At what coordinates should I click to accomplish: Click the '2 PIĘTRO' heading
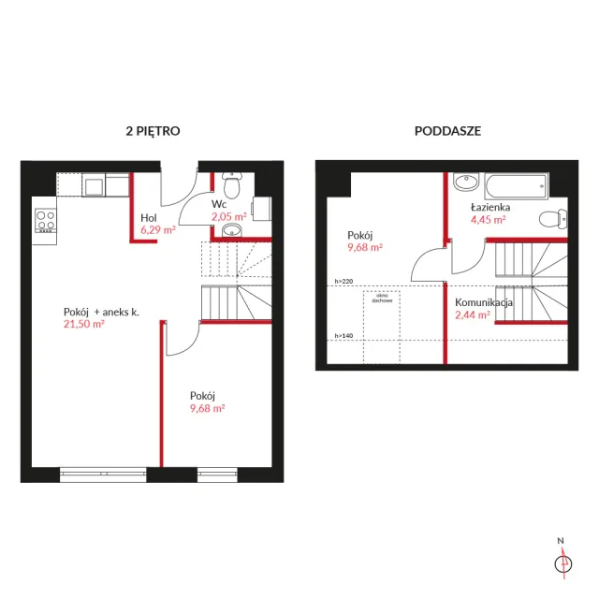click(x=153, y=131)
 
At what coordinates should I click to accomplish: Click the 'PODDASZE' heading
click(x=447, y=131)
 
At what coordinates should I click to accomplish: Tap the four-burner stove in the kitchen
click(x=46, y=221)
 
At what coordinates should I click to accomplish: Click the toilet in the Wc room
click(x=231, y=185)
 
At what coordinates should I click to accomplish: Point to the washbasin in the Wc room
click(x=232, y=230)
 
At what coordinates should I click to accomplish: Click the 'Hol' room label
click(x=148, y=218)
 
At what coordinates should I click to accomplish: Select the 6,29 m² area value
click(x=158, y=230)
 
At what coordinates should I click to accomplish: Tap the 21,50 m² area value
click(x=84, y=324)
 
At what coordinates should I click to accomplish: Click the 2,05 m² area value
click(x=228, y=216)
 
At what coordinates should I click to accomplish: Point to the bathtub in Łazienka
click(x=517, y=186)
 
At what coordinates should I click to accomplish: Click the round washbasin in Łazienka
click(x=466, y=182)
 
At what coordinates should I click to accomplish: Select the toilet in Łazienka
click(x=553, y=220)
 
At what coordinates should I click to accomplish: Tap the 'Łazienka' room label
click(x=490, y=207)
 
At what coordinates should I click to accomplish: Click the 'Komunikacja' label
click(x=484, y=302)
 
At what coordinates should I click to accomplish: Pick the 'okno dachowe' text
click(x=382, y=298)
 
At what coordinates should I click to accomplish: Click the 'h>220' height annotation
click(x=343, y=281)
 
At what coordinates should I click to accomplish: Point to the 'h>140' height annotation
click(x=343, y=336)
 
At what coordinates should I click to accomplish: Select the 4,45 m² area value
click(x=489, y=220)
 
